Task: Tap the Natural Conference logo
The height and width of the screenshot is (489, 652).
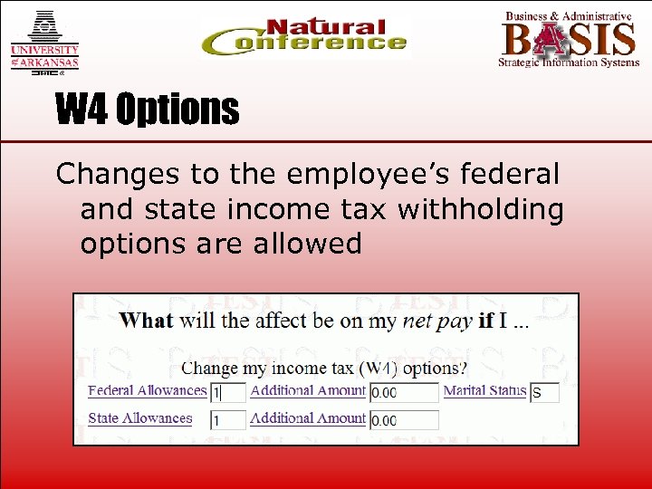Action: coord(304,38)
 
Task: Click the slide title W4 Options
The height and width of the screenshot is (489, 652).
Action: coord(148,110)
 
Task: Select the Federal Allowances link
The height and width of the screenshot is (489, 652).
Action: coord(147,391)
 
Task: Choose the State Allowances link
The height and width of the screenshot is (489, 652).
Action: coord(139,418)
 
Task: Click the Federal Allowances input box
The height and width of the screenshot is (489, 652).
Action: coord(228,393)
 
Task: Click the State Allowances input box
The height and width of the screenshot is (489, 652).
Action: coord(228,420)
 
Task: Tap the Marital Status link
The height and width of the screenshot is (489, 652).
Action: coord(484,391)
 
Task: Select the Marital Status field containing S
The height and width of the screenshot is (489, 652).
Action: coord(544,393)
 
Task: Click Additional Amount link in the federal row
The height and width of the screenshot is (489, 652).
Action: coord(308,391)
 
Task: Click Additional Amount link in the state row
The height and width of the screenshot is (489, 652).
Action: coord(308,418)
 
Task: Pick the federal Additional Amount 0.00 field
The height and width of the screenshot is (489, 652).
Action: coord(404,393)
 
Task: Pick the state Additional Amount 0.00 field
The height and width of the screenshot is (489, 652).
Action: coord(404,420)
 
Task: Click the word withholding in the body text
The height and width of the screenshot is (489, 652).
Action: coord(489,208)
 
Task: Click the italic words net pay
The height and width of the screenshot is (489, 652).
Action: coord(437,321)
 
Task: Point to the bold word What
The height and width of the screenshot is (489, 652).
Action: coord(146,321)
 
